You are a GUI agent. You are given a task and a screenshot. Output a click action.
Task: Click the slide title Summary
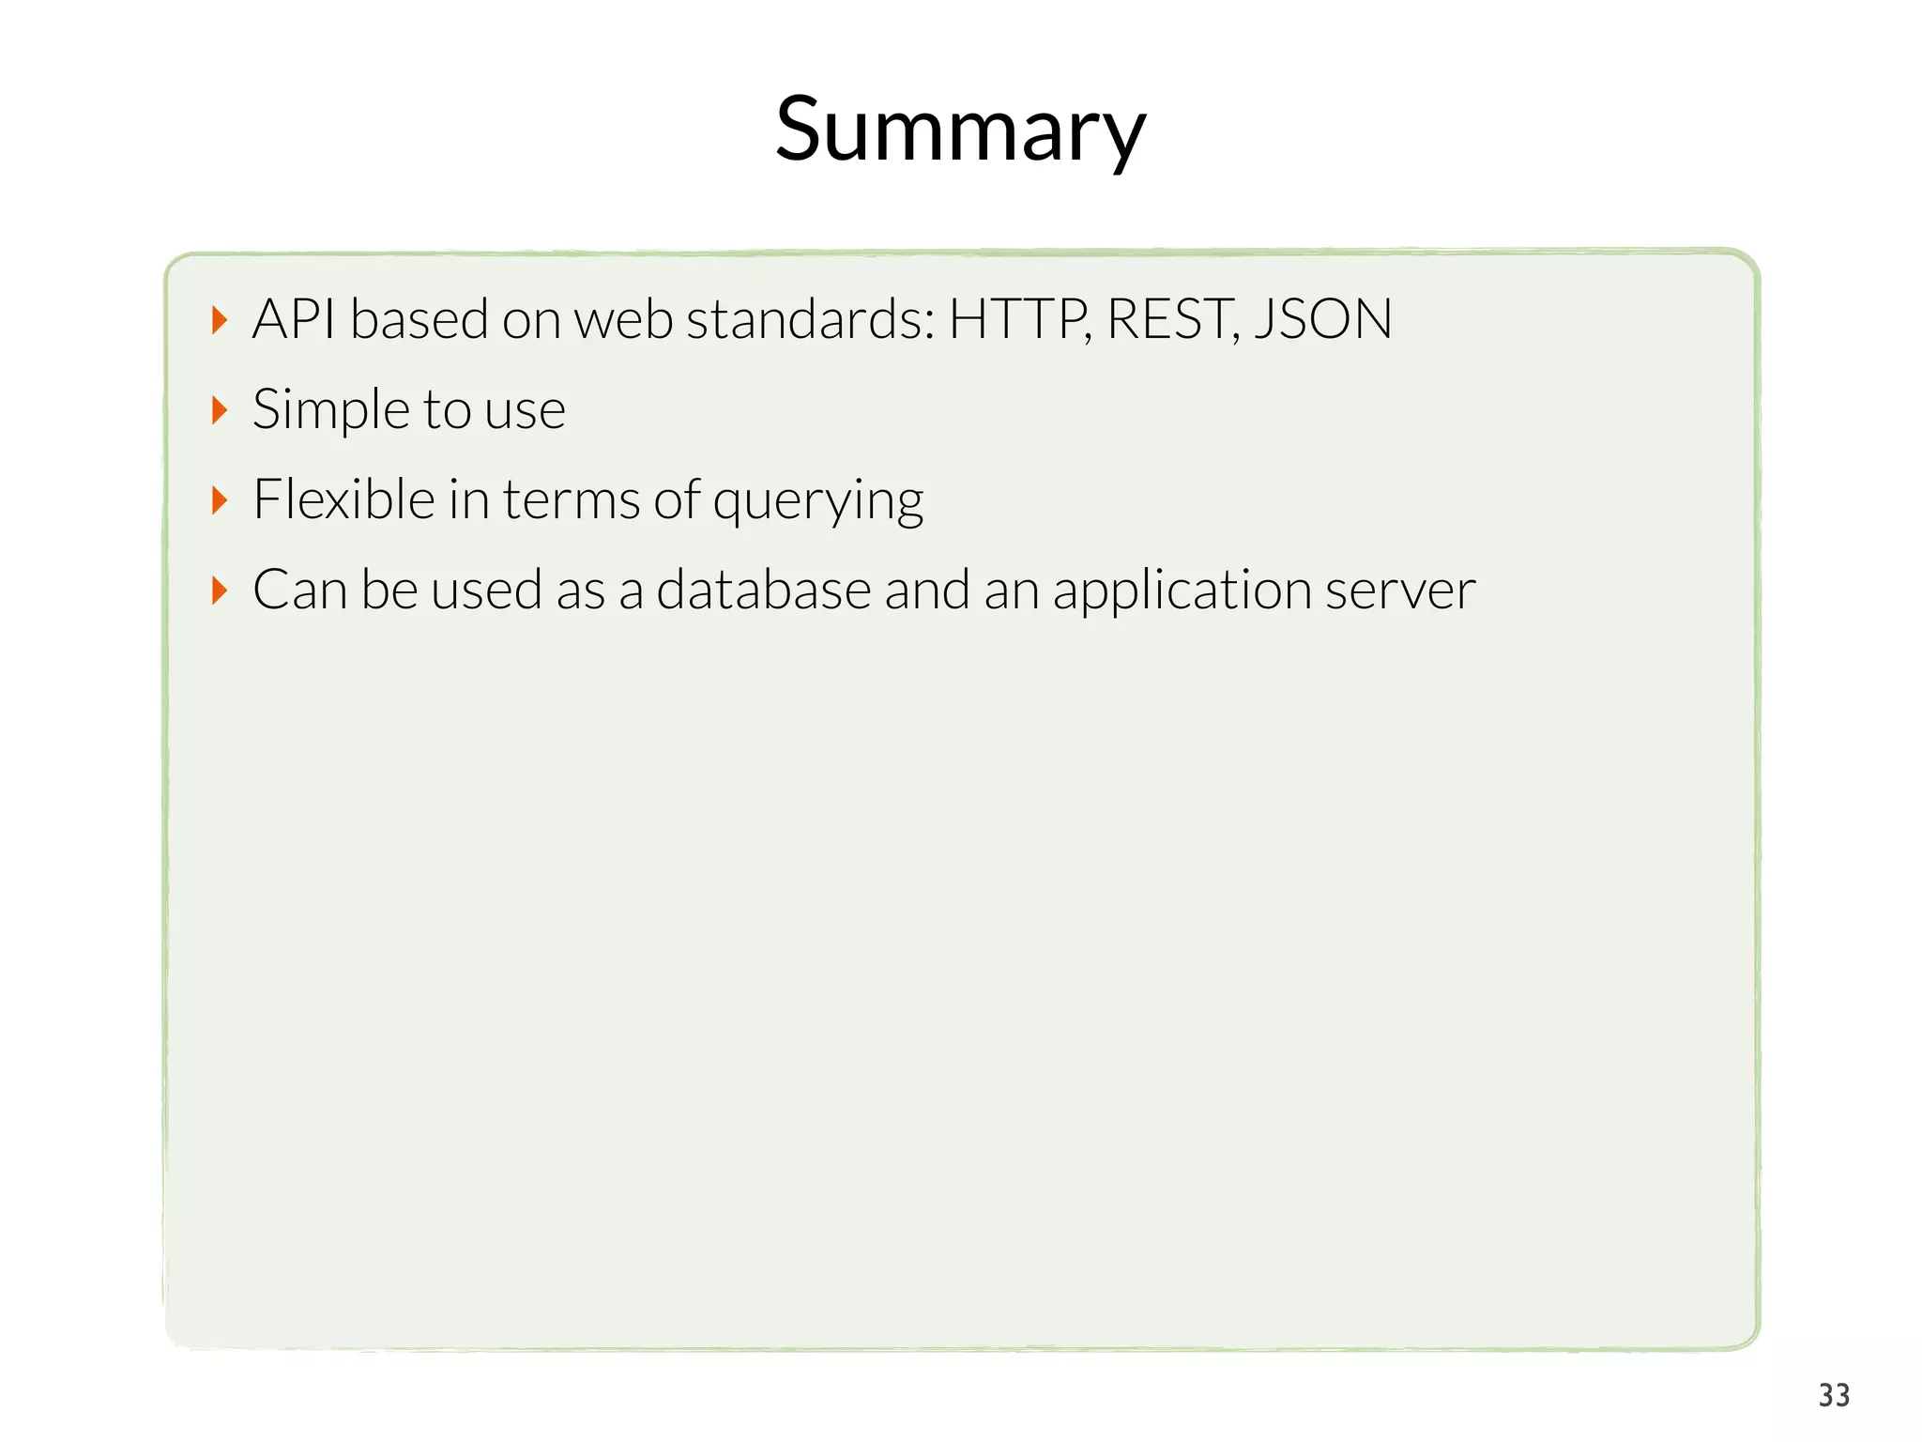tap(960, 130)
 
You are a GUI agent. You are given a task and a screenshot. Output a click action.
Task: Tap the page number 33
tap(1834, 1395)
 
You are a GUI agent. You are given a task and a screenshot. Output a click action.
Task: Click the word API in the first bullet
tap(294, 319)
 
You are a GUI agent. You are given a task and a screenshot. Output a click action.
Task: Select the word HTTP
tap(1017, 319)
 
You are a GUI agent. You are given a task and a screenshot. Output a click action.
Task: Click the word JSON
tap(1323, 319)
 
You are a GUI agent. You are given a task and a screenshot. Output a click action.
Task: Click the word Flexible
tap(343, 499)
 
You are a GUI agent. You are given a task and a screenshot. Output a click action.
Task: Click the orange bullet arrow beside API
tap(220, 320)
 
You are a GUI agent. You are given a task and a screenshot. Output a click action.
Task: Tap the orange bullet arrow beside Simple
tap(220, 410)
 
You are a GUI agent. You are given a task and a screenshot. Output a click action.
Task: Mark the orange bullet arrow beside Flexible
tap(220, 500)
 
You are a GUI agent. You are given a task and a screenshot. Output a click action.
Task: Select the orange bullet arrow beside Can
tap(220, 591)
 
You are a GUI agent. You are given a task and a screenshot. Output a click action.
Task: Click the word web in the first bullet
tap(622, 319)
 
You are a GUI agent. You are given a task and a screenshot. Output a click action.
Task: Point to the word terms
tap(572, 499)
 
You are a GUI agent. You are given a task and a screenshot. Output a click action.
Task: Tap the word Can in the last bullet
tap(299, 591)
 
